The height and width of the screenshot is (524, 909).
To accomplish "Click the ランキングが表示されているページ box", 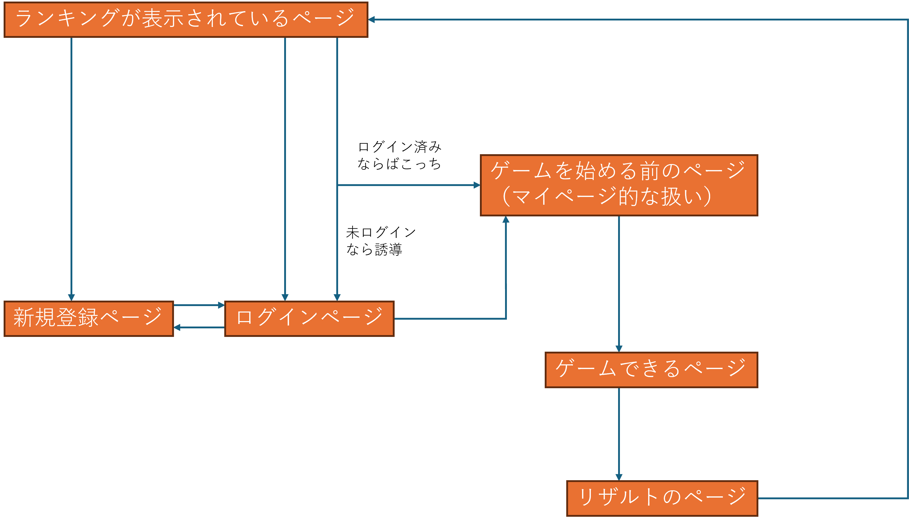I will [x=186, y=19].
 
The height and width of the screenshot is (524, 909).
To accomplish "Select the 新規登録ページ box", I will [x=89, y=318].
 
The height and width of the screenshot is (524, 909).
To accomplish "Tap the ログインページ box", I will [x=309, y=318].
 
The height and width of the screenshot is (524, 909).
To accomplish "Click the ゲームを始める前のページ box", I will [x=619, y=185].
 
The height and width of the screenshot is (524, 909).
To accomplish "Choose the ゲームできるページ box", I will [x=651, y=370].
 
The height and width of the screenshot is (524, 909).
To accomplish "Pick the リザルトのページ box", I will [x=662, y=498].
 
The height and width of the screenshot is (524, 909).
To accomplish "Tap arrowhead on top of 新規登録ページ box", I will [x=71, y=297].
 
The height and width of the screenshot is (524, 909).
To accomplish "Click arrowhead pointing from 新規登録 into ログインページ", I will [x=221, y=305].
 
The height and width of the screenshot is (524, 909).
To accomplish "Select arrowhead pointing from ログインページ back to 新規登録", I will [x=177, y=327].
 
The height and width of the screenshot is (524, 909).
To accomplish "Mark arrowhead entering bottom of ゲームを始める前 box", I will [x=506, y=219].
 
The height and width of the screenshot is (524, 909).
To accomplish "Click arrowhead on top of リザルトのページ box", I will [x=619, y=477].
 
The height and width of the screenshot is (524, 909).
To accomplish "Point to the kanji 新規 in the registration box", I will [x=34, y=317].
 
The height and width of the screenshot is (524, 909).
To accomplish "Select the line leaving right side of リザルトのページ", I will [x=828, y=498].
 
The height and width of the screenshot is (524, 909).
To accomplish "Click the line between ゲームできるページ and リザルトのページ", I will [x=619, y=432].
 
